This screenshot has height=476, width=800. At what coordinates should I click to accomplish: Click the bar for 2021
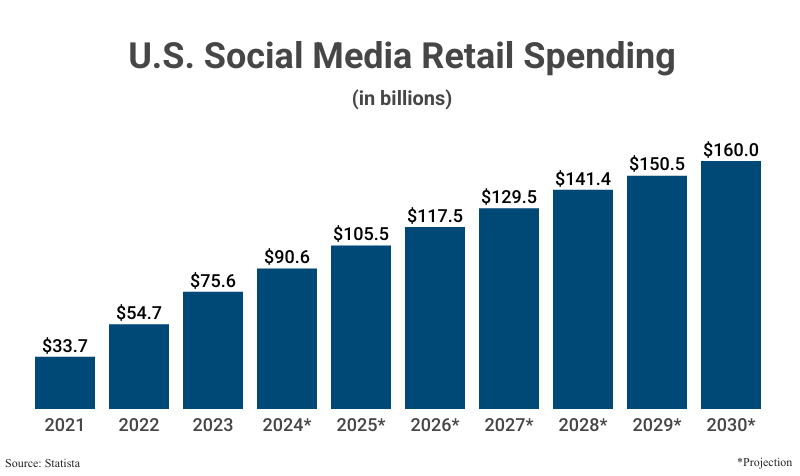click(65, 383)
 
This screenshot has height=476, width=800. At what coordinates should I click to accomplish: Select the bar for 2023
click(213, 350)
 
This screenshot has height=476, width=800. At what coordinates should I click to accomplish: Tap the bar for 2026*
click(435, 318)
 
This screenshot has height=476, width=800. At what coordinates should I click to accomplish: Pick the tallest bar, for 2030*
click(731, 285)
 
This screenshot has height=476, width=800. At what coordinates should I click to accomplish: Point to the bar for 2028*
click(583, 299)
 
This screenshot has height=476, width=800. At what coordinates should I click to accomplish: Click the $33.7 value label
click(65, 345)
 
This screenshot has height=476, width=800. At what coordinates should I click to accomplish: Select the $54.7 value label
click(139, 313)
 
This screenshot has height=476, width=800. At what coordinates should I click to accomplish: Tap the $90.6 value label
click(287, 257)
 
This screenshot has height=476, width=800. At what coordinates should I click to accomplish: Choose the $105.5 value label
click(361, 233)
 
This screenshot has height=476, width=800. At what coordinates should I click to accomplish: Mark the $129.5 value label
click(509, 197)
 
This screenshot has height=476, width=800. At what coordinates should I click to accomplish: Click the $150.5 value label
click(657, 164)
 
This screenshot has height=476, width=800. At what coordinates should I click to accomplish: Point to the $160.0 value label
click(731, 150)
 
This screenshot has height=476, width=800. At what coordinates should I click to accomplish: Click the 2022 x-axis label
click(139, 425)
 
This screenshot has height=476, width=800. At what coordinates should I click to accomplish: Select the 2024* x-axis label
click(287, 425)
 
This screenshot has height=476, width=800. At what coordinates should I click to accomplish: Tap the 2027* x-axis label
click(509, 425)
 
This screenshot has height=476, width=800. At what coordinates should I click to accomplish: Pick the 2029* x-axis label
click(657, 425)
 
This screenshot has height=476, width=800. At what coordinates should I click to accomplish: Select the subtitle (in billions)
click(400, 99)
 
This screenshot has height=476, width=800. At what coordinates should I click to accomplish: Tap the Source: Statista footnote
click(44, 463)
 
